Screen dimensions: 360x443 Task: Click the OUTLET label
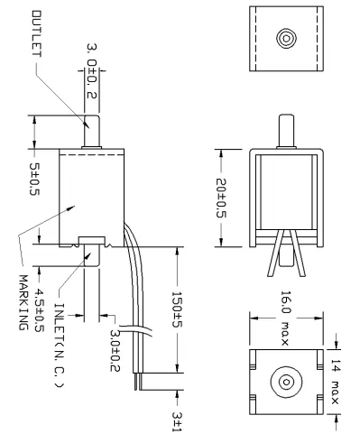tap(37, 33)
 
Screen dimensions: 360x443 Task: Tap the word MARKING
tap(23, 302)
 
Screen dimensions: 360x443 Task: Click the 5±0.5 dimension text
tap(34, 180)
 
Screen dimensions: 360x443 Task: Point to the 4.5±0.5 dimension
tap(39, 310)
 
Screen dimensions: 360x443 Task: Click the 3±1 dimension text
tap(177, 421)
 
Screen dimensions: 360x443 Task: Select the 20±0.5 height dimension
tap(221, 198)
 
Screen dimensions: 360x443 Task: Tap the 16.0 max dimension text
tap(285, 318)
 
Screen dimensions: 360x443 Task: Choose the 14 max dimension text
tap(336, 382)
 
